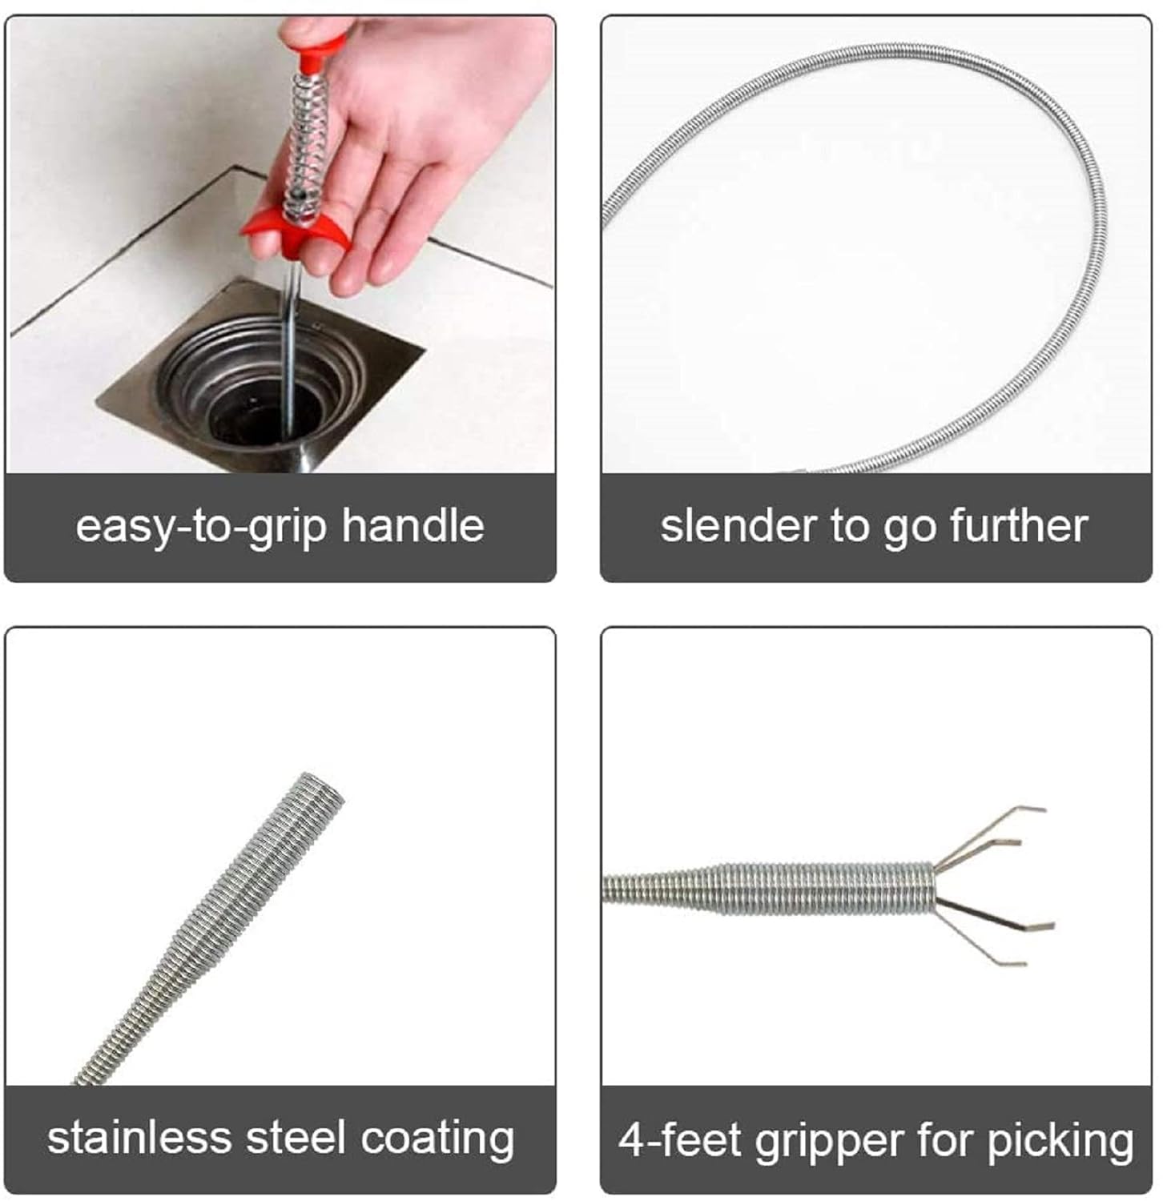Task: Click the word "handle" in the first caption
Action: pos(413,525)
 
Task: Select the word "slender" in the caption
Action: pos(738,526)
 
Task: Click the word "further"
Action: pos(1019,525)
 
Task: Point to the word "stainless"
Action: pos(139,1138)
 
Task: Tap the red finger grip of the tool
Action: pos(296,229)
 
